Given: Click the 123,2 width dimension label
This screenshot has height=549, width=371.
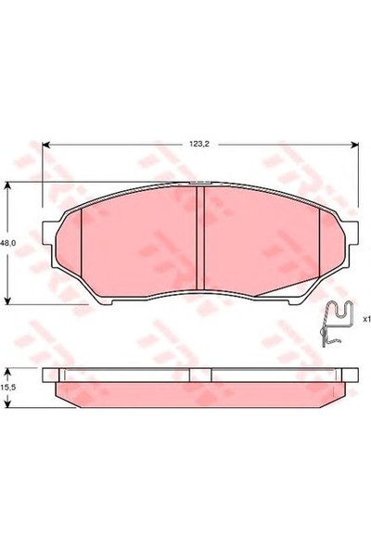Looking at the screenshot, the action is pos(199,145).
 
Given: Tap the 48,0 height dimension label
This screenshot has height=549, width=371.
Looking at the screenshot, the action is pos(7,243).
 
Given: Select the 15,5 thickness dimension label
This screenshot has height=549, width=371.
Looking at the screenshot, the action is pos(7,388).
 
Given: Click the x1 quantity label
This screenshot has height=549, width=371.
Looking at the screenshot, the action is pos(366,319).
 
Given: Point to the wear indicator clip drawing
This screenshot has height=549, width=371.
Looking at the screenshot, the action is pos(337,323).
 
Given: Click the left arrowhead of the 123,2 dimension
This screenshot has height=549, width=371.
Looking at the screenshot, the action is pos(46,145).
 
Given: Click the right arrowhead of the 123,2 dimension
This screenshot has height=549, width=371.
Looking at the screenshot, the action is pos(353,145).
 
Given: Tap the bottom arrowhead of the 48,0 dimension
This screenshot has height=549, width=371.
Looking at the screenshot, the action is pos(7,300).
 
